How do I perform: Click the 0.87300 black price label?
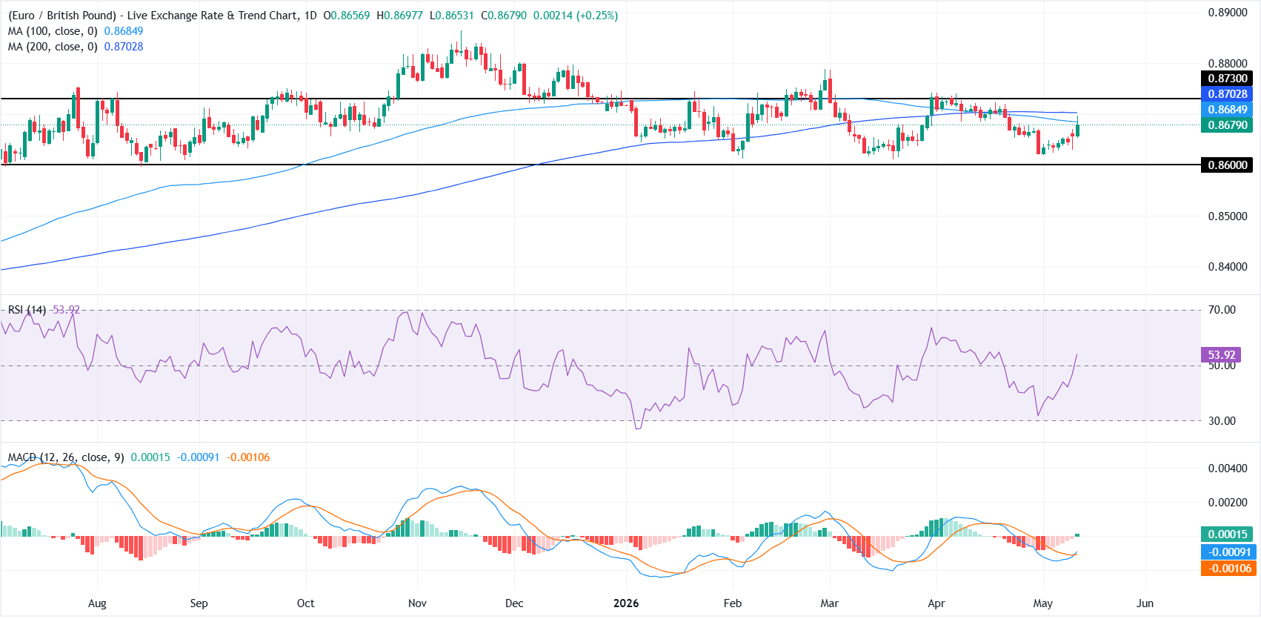[1227, 79]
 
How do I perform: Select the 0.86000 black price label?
[1227, 165]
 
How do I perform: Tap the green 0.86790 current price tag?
[1227, 125]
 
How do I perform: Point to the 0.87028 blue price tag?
[1227, 94]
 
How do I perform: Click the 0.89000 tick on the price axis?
[1228, 13]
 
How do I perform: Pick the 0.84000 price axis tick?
[1228, 267]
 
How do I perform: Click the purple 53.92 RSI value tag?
[1221, 355]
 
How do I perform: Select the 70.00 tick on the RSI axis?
[1222, 310]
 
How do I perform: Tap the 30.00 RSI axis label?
[1222, 421]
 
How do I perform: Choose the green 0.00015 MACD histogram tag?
[1227, 534]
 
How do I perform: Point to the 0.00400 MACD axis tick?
[1228, 468]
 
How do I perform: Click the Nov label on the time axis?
[417, 603]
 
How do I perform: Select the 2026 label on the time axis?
[626, 603]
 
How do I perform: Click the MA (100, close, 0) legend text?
[53, 31]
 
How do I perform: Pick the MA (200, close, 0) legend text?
[53, 47]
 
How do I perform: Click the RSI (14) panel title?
[27, 310]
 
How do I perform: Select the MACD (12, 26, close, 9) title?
[66, 457]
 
